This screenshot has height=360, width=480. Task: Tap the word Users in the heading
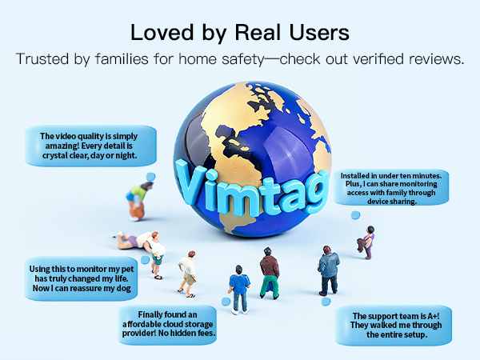click(320, 33)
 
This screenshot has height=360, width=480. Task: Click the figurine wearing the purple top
click(369, 241)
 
